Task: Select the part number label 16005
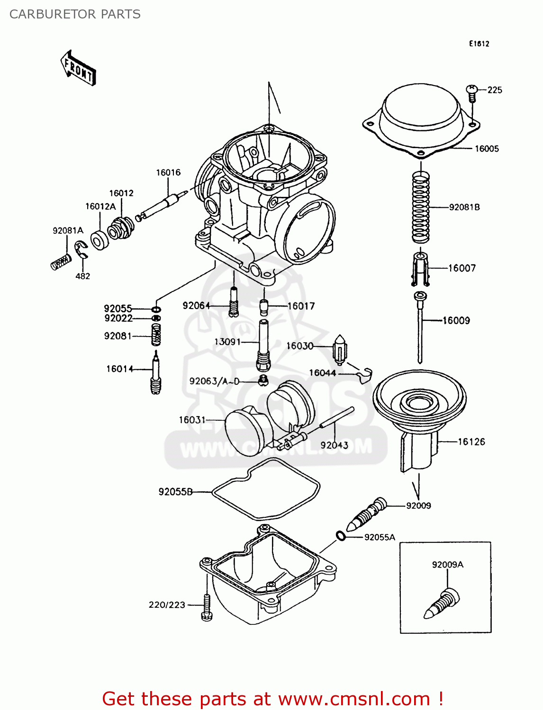point(487,149)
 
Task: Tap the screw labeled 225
point(471,92)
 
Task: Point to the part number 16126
point(471,442)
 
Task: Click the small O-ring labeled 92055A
point(340,536)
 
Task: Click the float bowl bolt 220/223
point(207,607)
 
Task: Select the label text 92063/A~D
point(214,381)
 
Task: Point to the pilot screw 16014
point(156,374)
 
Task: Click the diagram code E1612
point(479,44)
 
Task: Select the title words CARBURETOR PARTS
point(75,14)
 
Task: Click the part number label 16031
point(192,420)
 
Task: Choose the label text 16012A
point(100,206)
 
